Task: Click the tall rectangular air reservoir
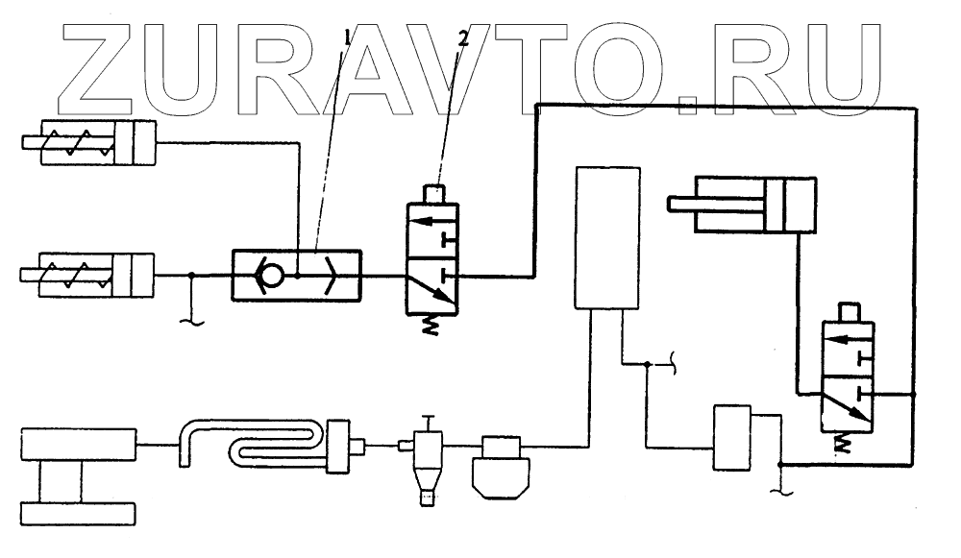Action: tap(606, 237)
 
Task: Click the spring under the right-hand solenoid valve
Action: tap(845, 441)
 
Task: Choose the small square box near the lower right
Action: tap(732, 437)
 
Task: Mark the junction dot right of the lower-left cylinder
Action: tap(193, 277)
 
